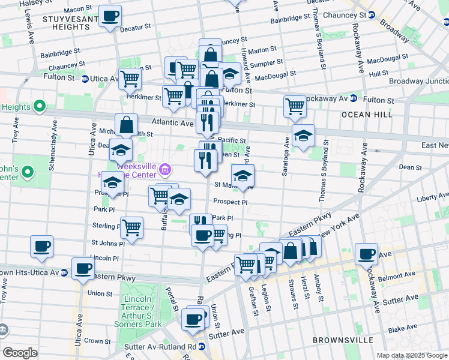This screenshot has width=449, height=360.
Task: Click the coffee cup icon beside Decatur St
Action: [110, 16]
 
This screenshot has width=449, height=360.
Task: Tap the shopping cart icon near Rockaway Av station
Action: [295, 106]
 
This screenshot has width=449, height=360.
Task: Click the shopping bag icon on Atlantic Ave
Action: [127, 125]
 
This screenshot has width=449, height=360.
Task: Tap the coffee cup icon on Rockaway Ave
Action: [366, 254]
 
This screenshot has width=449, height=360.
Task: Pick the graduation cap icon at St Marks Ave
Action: [243, 176]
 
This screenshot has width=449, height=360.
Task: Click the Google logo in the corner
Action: [20, 353]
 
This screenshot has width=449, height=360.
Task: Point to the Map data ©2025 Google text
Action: [411, 355]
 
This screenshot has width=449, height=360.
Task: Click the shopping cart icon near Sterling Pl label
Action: [131, 227]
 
